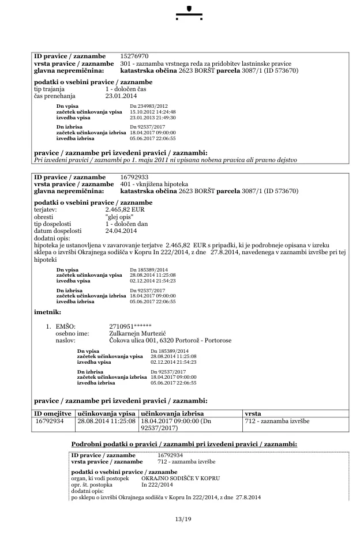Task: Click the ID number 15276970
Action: tap(134, 56)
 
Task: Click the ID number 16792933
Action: tap(134, 176)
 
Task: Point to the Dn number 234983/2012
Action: tap(149, 107)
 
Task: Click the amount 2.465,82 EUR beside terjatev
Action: tap(124, 210)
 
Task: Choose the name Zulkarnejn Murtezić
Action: tap(138, 333)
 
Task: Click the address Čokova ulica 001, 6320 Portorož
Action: tap(170, 340)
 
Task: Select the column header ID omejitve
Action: tap(52, 413)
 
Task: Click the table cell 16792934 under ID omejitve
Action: tap(50, 421)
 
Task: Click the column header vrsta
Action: tap(253, 413)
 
